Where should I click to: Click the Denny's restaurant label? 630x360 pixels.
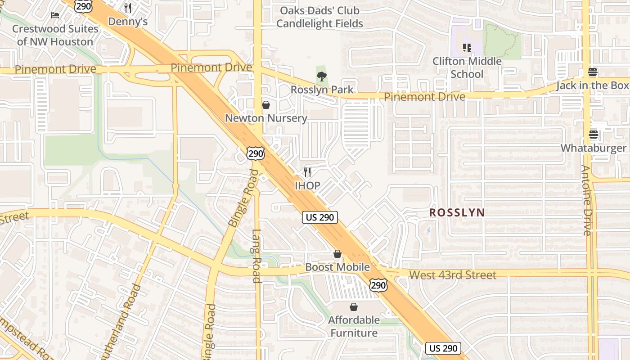coord(128,22)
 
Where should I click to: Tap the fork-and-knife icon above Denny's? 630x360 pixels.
coord(128,8)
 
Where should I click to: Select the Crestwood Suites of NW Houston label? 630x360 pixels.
coord(55,35)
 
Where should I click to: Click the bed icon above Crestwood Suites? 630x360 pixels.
coord(55,15)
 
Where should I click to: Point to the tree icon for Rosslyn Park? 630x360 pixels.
coord(321,76)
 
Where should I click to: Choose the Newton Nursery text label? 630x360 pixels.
coord(266,118)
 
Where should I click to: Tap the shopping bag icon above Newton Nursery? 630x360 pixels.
coord(266,105)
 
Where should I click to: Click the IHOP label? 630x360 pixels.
coord(307,185)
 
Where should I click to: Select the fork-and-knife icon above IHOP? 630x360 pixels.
coord(307,172)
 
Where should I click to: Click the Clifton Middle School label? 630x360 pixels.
coord(467,67)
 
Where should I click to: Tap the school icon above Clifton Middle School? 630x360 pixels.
coord(467,47)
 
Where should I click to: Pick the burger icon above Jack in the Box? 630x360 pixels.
coord(593,72)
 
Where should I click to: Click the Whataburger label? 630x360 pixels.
coord(593,148)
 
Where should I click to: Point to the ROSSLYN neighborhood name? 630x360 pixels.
coord(457,212)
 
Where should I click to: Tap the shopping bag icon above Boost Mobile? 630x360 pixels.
coord(337,254)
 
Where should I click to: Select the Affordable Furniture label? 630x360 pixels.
coord(354,326)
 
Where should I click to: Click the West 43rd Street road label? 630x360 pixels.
coord(453,275)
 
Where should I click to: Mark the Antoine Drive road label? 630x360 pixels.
coord(586,201)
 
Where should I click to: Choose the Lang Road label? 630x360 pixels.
coord(256,256)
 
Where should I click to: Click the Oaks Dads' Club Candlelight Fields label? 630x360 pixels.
coord(319,17)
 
